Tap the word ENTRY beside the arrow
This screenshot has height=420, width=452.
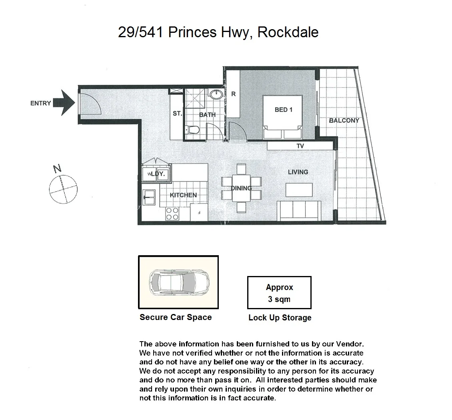pyautogui.click(x=40, y=103)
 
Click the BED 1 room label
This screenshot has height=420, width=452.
pyautogui.click(x=283, y=109)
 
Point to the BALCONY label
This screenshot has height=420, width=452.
pyautogui.click(x=344, y=120)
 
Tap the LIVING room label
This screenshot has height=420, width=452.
pyautogui.click(x=298, y=172)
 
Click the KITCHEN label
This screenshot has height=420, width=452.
pyautogui.click(x=183, y=195)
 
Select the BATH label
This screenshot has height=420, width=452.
pyautogui.click(x=207, y=115)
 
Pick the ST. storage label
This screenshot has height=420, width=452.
pyautogui.click(x=177, y=114)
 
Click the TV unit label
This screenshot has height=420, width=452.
pyautogui.click(x=300, y=146)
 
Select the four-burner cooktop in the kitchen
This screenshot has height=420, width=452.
pyautogui.click(x=172, y=214)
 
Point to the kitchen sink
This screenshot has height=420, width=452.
pyautogui.click(x=150, y=196)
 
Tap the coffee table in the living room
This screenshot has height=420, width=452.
pyautogui.click(x=299, y=190)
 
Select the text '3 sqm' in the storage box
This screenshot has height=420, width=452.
pyautogui.click(x=279, y=299)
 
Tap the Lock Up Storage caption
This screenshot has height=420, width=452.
pyautogui.click(x=280, y=318)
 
